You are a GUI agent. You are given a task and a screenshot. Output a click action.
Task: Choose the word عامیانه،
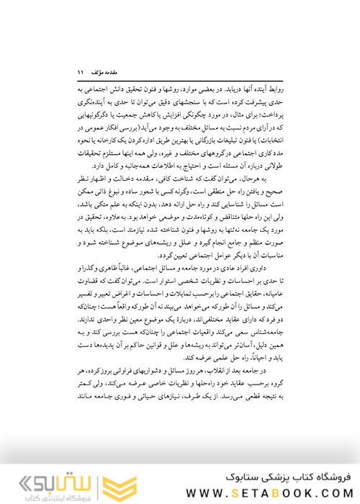(x=266, y=293)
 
